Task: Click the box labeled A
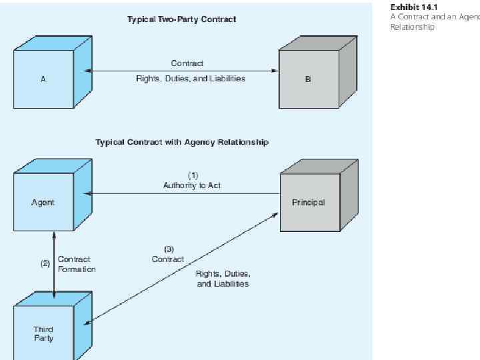point(43,78)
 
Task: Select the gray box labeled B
point(307,79)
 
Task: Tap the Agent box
point(43,202)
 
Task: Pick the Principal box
point(308,202)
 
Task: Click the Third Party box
point(43,333)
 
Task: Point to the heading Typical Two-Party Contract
point(181,19)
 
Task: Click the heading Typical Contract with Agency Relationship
point(181,142)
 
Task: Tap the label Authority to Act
point(192,185)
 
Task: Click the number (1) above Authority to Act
point(192,176)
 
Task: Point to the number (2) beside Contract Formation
point(45,263)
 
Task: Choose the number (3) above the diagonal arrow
point(168,249)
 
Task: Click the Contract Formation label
point(77,264)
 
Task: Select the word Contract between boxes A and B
point(187,63)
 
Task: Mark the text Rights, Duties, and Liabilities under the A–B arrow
point(191,79)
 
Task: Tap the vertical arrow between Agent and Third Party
point(54,263)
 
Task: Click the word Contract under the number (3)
point(168,259)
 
